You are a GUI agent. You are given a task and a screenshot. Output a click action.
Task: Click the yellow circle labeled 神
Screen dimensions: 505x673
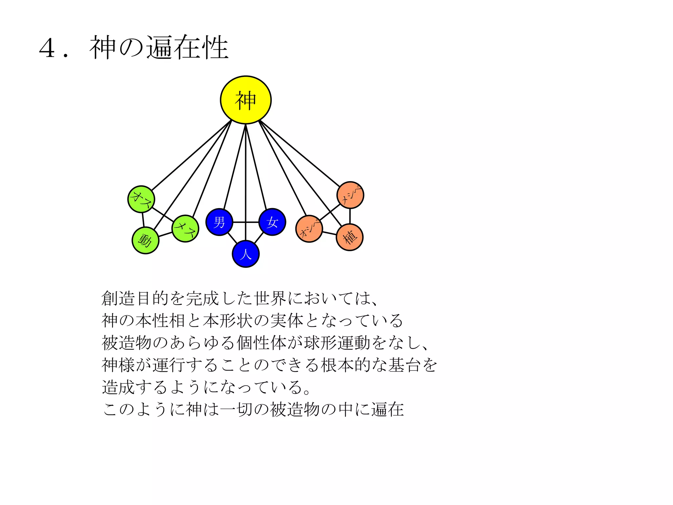(x=245, y=100)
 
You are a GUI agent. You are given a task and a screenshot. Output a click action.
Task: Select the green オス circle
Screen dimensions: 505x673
(x=141, y=199)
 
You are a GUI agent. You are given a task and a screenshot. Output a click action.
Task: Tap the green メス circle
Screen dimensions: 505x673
(x=185, y=228)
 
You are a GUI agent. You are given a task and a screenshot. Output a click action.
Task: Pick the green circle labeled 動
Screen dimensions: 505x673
(x=145, y=240)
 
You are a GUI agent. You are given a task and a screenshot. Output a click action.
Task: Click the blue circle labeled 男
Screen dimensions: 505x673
(x=219, y=222)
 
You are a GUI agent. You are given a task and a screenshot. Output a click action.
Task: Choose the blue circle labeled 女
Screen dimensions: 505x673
(x=272, y=222)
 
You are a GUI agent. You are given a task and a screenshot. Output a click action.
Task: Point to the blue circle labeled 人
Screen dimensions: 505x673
(x=245, y=254)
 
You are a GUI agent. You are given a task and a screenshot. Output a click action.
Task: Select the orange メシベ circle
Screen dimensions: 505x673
(x=350, y=195)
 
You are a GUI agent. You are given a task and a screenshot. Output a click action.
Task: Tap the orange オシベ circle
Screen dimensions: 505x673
(x=309, y=229)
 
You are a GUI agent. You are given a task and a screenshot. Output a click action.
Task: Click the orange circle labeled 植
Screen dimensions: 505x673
(x=350, y=237)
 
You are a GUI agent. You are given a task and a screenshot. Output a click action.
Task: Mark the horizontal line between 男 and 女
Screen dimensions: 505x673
(x=246, y=222)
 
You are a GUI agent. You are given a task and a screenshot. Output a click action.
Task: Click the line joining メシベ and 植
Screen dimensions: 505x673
(x=350, y=216)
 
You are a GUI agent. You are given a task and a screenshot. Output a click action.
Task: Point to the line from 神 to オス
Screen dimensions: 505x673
(x=191, y=156)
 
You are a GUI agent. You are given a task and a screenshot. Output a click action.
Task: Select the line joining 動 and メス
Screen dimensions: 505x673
(x=165, y=234)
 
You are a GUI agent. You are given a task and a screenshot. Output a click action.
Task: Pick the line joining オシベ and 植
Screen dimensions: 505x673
(x=329, y=233)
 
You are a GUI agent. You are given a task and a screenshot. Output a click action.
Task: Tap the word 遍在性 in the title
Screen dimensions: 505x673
(x=187, y=48)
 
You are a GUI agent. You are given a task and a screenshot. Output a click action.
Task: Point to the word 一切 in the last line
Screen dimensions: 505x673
(x=237, y=409)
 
